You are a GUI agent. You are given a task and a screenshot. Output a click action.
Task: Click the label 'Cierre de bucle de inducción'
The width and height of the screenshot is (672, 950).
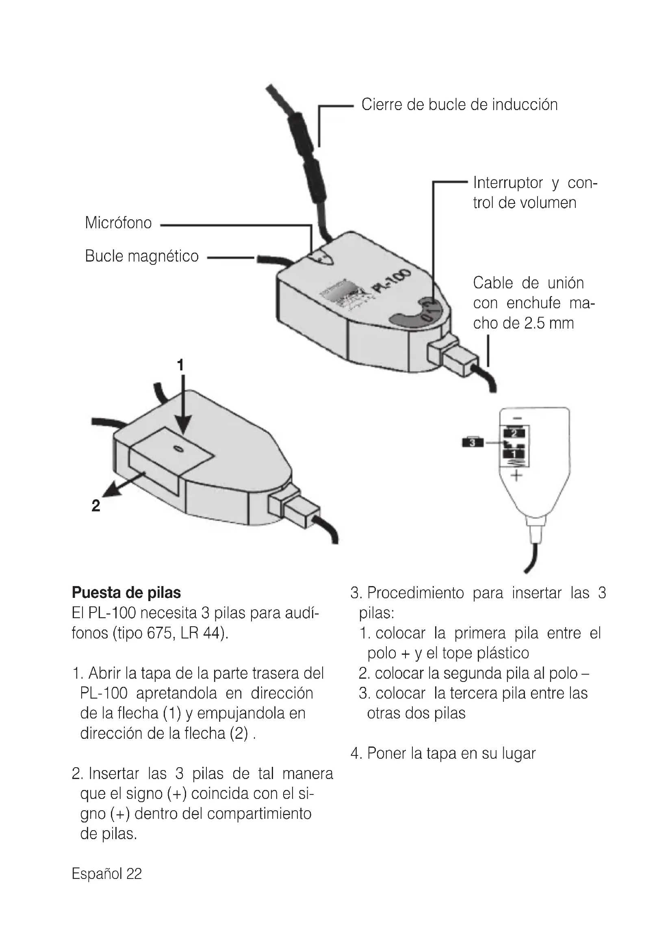(x=460, y=105)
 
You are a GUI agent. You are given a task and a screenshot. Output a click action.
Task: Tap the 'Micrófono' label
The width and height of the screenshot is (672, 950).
(x=118, y=223)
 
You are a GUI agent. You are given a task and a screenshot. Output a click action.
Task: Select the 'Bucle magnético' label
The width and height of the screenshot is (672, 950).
(x=141, y=256)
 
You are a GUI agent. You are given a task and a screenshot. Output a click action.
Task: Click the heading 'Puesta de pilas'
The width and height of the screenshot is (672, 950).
(x=126, y=593)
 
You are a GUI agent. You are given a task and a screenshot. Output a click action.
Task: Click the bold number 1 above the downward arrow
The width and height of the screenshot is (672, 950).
(x=180, y=366)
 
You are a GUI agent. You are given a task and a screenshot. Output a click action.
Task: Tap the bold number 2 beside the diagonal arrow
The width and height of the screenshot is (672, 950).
(x=95, y=506)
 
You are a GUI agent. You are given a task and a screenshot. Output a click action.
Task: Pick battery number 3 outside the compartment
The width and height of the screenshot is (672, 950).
(x=472, y=442)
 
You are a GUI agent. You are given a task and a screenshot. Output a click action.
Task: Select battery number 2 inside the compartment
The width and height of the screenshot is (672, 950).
(x=514, y=433)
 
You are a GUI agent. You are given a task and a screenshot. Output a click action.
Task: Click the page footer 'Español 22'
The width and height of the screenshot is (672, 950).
(x=107, y=874)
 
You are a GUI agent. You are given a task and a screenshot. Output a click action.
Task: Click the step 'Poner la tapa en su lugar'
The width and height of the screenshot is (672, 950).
(x=451, y=753)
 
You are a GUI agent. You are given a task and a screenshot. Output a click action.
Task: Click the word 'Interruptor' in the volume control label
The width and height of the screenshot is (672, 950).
(x=508, y=182)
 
